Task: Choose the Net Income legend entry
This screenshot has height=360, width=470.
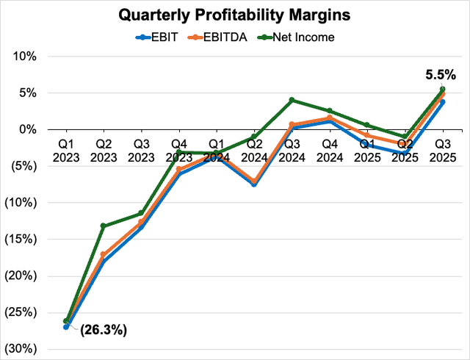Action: click(x=297, y=37)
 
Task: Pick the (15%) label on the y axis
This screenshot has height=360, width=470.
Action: click(x=29, y=240)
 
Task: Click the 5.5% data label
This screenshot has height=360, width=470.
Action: click(x=441, y=74)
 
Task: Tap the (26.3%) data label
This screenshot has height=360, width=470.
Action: click(x=103, y=330)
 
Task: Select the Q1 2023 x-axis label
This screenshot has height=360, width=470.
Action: click(x=66, y=150)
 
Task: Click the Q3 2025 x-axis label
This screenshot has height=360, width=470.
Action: click(x=442, y=150)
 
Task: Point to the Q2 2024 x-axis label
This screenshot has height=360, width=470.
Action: click(x=254, y=150)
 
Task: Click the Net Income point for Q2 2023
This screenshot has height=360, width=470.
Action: click(x=104, y=226)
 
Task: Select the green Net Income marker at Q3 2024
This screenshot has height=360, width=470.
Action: click(x=292, y=100)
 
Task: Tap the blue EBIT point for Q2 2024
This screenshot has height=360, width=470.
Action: click(x=254, y=184)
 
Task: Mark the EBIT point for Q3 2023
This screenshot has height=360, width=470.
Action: click(x=141, y=227)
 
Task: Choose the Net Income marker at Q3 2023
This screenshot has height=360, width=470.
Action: click(x=141, y=213)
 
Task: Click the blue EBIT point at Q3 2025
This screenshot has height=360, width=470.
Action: click(x=442, y=102)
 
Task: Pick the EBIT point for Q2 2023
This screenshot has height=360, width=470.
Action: click(x=104, y=262)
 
